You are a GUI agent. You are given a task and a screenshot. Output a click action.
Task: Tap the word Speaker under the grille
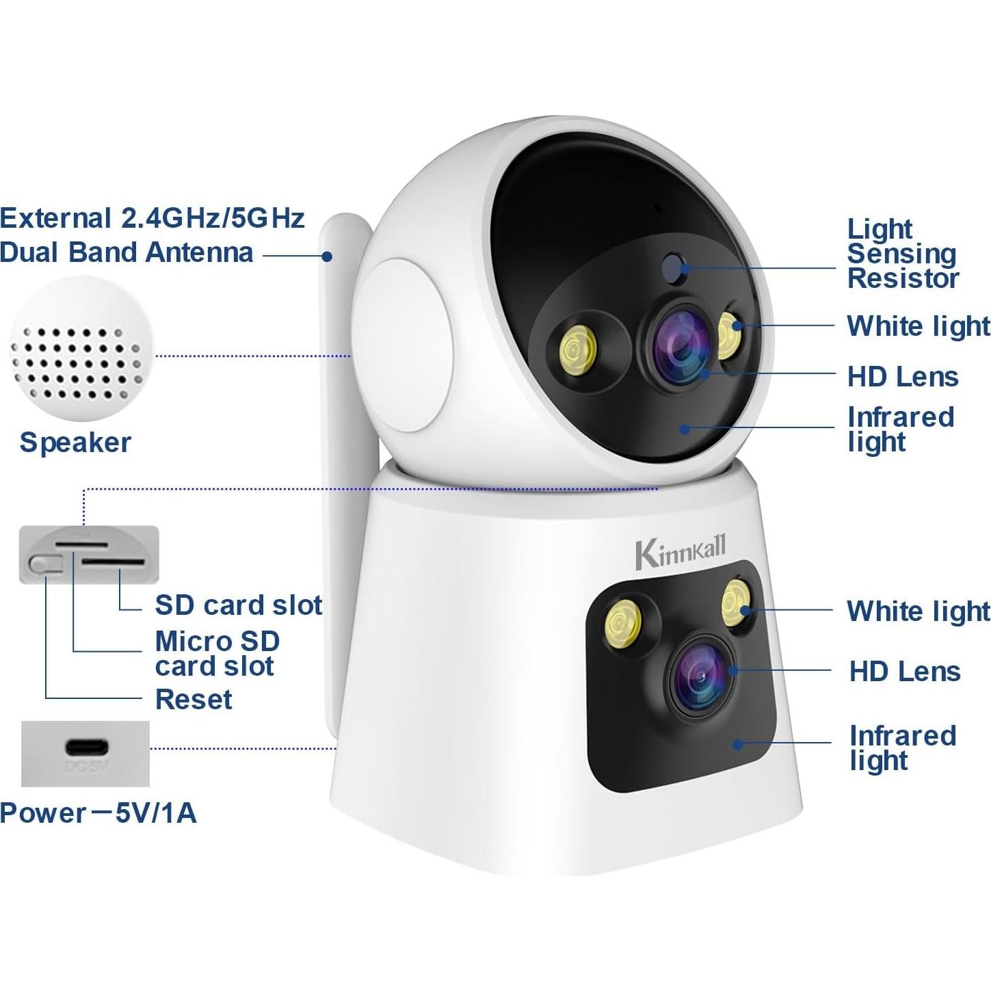point(75,442)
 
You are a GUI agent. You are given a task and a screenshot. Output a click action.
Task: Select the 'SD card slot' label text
point(238,605)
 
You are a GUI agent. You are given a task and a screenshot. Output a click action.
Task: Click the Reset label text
point(194,700)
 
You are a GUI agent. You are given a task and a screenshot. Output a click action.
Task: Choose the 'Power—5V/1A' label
point(98,813)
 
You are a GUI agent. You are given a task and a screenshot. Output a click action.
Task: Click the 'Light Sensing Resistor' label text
point(902,254)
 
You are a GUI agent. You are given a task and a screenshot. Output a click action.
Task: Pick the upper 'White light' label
point(918,326)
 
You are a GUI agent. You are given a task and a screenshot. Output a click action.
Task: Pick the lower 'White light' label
point(918,611)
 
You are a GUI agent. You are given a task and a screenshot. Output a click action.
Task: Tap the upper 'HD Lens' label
point(903,377)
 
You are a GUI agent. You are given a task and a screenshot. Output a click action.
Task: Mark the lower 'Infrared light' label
point(902,748)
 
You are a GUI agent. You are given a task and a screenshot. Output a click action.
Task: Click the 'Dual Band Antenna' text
point(127,252)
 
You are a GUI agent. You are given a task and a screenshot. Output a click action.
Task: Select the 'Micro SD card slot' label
point(217,654)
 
